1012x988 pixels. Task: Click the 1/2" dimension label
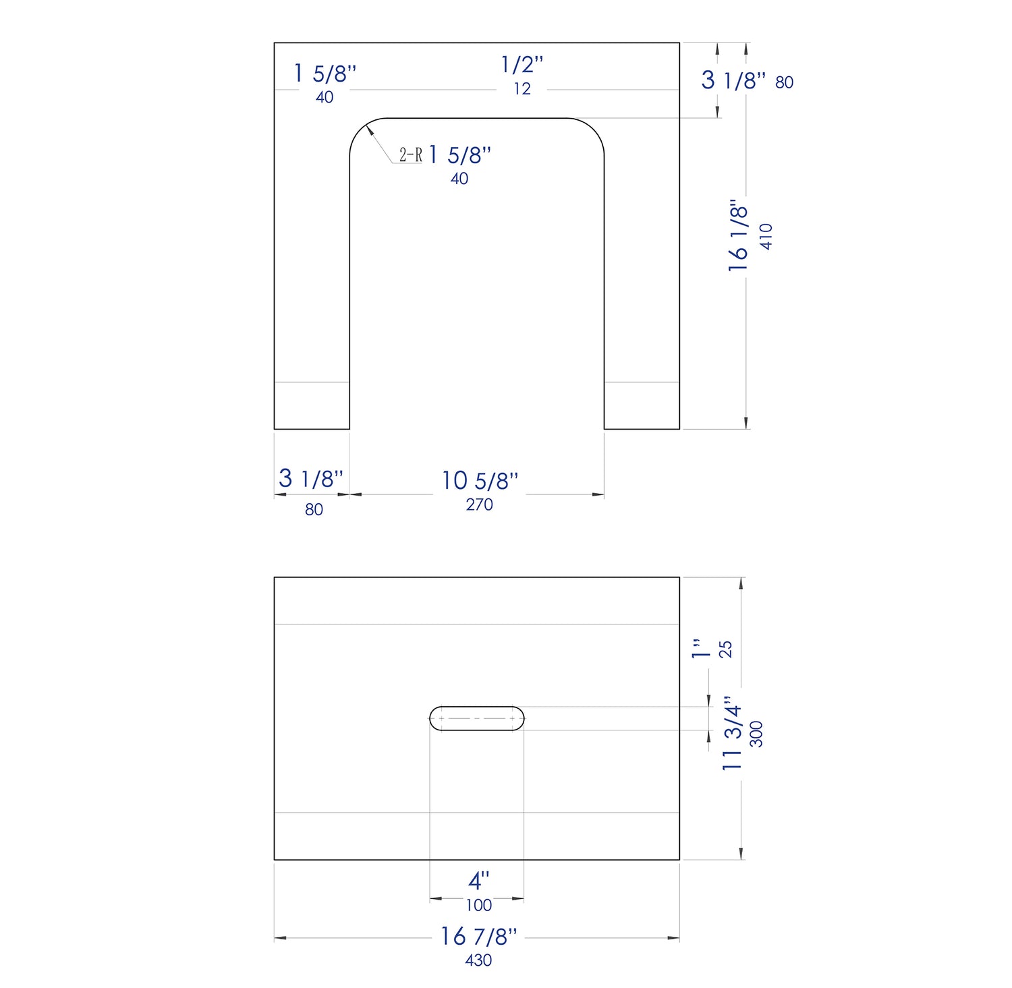(522, 65)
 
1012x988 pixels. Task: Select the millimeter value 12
(522, 89)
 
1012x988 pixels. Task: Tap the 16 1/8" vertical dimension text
(739, 235)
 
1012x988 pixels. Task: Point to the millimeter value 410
(766, 237)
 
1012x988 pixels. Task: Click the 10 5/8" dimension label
(480, 481)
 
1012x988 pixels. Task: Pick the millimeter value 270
(479, 504)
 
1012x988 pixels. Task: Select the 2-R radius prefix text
(410, 155)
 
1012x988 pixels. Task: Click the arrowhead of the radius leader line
(370, 129)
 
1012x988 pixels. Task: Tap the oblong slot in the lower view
(477, 719)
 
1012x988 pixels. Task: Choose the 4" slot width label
(478, 881)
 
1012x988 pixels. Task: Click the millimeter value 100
(478, 905)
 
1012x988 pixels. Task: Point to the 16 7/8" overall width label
(478, 936)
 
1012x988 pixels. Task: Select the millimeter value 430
(478, 960)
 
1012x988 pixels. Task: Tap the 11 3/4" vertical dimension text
(733, 734)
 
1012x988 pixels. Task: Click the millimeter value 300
(757, 734)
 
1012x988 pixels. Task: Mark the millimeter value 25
(725, 649)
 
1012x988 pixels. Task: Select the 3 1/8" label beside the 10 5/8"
(311, 479)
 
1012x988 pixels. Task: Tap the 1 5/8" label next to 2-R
(459, 155)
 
